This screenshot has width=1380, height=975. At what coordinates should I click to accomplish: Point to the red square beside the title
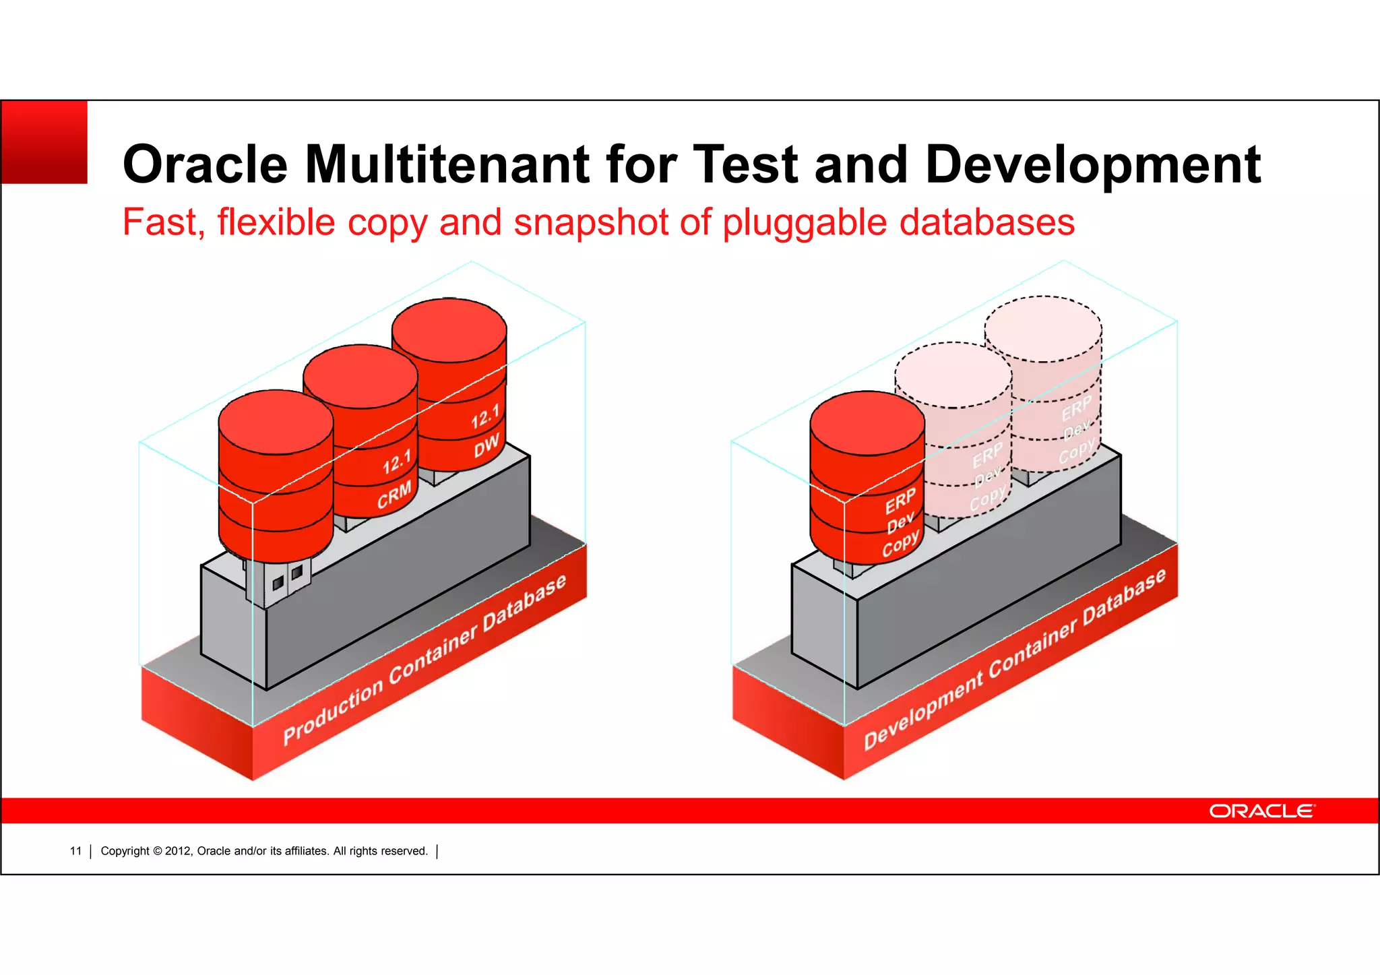(x=44, y=142)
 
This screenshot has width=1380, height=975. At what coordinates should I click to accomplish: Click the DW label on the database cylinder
(x=486, y=445)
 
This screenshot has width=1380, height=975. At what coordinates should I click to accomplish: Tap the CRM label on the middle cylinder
(x=394, y=495)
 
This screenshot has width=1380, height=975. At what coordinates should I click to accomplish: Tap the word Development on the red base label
(x=922, y=712)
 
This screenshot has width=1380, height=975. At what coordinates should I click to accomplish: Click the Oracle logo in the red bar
(x=1261, y=811)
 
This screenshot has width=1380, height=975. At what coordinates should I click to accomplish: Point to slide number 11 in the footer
(x=75, y=851)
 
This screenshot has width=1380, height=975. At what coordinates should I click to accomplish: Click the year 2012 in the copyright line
(x=178, y=851)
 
